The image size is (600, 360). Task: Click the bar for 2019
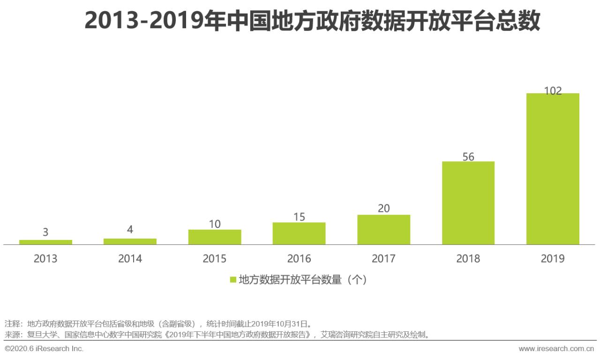[x=553, y=169]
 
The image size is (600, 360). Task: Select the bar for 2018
[x=468, y=203]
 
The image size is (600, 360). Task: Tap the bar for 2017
[x=383, y=230]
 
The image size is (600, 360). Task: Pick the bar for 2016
[x=299, y=233]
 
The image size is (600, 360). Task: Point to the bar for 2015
[x=215, y=237]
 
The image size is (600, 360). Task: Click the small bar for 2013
[x=45, y=242]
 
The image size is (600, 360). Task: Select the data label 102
[x=553, y=91]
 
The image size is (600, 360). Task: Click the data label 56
[x=468, y=157]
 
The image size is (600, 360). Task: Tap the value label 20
[x=383, y=209]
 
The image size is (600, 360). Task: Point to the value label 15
[x=299, y=217]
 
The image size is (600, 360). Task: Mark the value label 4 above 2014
[x=130, y=230]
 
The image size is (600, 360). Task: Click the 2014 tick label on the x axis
[x=130, y=259]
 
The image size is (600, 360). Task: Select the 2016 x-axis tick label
[x=299, y=259]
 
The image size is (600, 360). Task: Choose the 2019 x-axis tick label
[x=553, y=259]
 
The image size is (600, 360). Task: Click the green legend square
[x=233, y=280]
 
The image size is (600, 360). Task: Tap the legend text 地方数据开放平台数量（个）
[x=302, y=280]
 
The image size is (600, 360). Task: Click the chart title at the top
[x=312, y=21]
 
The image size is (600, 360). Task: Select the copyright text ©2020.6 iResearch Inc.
[x=44, y=349]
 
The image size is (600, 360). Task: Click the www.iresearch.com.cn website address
[x=556, y=349]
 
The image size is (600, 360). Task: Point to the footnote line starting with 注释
[x=158, y=323]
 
